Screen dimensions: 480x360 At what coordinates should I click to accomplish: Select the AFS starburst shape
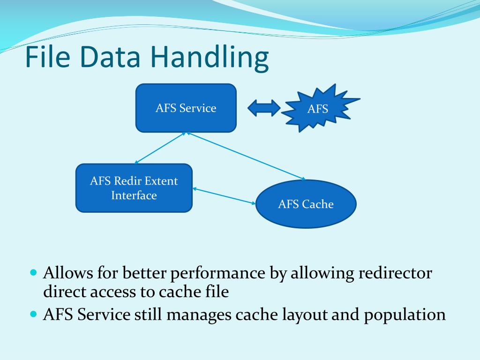click(x=318, y=109)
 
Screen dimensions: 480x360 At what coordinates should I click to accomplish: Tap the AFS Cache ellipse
click(x=306, y=204)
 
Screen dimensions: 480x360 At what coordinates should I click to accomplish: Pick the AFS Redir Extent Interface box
click(x=134, y=188)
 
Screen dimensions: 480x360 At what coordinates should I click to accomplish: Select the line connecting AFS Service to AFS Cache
click(x=246, y=156)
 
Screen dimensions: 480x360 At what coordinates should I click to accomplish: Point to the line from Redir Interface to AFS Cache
click(x=224, y=196)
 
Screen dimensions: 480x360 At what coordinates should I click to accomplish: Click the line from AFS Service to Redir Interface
click(x=159, y=147)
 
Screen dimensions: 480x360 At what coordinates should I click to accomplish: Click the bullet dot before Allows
click(x=33, y=272)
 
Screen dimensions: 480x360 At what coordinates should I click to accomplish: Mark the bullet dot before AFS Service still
click(x=33, y=314)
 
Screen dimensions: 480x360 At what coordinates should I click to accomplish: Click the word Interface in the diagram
click(x=134, y=195)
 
